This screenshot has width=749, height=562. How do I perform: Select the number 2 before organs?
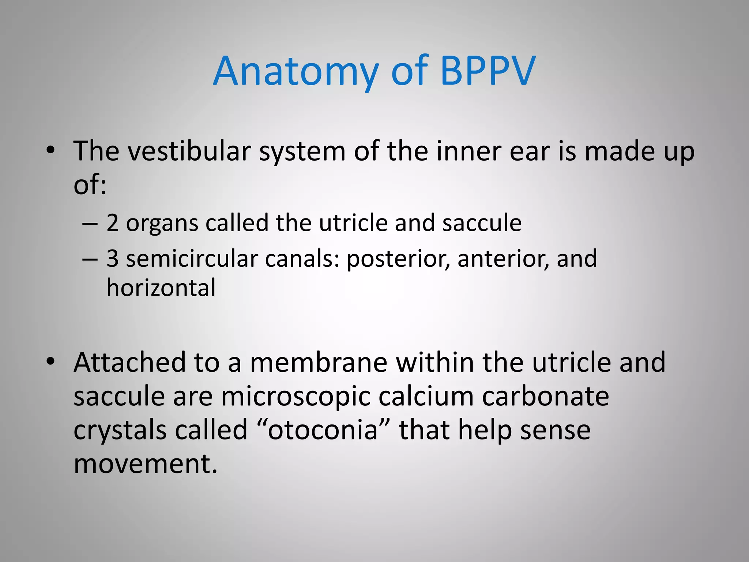[113, 223]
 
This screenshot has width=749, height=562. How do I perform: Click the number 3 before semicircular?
[113, 259]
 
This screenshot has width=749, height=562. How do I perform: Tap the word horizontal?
[161, 288]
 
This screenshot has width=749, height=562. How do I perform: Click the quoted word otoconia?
[323, 430]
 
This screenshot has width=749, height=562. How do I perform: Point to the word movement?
[145, 464]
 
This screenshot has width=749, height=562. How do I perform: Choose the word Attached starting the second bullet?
[129, 362]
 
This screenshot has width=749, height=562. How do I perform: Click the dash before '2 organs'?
[90, 223]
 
